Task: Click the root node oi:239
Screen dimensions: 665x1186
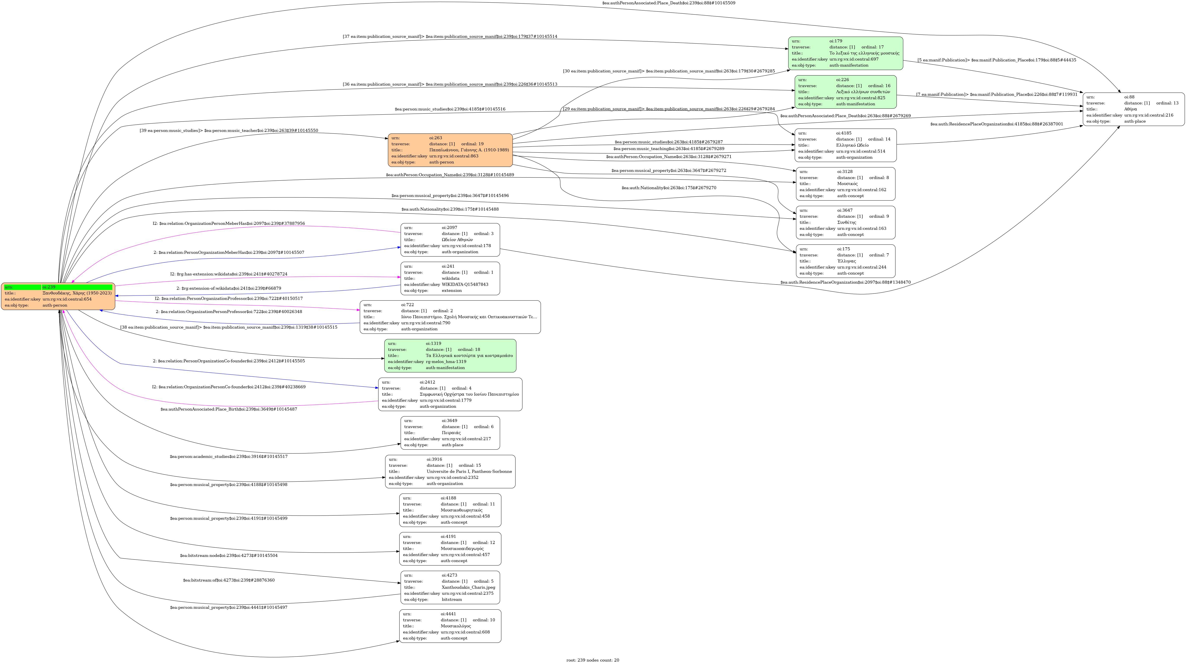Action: pyautogui.click(x=58, y=296)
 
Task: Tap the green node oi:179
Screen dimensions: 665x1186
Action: pyautogui.click(x=845, y=53)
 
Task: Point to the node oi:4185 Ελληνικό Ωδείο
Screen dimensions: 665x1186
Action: pyautogui.click(x=846, y=145)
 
